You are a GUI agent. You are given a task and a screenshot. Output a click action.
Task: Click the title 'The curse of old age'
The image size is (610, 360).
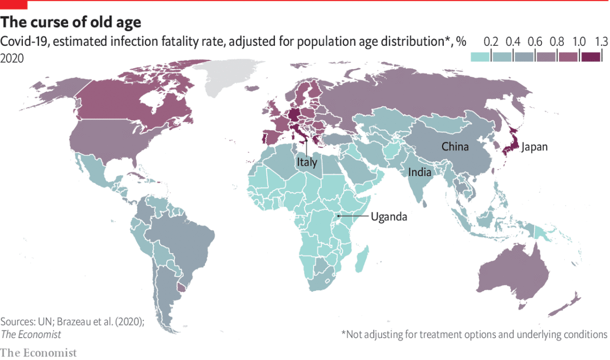point(71,22)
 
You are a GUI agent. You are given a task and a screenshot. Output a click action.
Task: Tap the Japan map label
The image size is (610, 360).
point(534,147)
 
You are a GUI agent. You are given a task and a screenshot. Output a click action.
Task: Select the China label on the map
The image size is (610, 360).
point(455,147)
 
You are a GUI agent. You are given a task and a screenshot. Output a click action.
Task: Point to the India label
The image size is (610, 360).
point(420,172)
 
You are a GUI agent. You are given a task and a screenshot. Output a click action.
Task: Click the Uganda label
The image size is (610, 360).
point(389,217)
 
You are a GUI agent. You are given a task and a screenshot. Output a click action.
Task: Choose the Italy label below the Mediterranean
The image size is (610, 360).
point(307,163)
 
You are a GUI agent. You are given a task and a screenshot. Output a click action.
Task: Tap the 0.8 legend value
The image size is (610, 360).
point(557,42)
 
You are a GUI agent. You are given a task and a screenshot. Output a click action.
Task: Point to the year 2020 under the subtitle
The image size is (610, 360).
point(12,58)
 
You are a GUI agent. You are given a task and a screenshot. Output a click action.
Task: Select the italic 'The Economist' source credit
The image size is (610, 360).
point(30,334)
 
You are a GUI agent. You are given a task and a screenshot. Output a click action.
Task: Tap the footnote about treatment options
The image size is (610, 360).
point(474,334)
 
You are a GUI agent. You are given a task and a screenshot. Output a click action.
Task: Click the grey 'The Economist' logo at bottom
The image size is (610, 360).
point(38,352)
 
